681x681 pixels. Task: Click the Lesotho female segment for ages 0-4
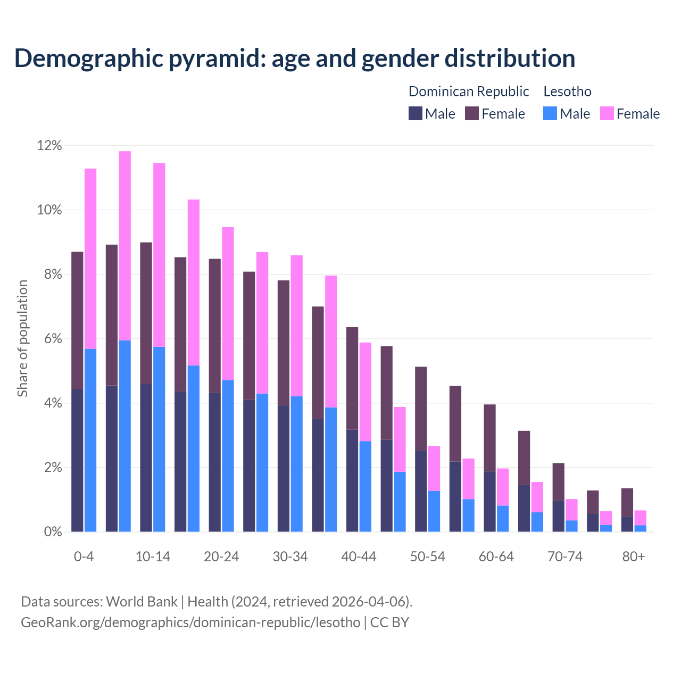90,259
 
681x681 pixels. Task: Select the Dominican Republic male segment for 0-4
77,460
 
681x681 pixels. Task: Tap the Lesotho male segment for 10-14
159,439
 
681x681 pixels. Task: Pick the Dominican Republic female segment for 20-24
214,326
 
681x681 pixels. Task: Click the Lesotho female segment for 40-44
365,392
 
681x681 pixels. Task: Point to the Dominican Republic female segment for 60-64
489,438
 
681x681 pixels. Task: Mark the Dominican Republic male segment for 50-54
421,491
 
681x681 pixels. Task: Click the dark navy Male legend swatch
416,113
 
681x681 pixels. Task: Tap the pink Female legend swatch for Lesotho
607,113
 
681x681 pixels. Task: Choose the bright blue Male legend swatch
550,113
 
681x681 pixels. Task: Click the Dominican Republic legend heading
469,92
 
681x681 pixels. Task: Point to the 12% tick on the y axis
49,146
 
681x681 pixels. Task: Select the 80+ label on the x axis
634,557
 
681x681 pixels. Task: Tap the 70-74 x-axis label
565,557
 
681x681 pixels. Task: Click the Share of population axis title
23,338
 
